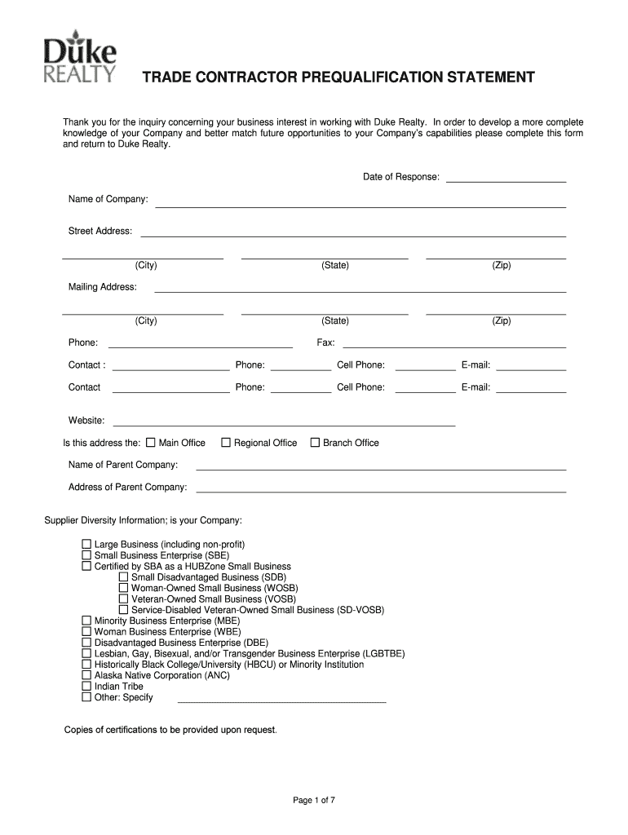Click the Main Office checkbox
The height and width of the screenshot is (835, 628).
150,443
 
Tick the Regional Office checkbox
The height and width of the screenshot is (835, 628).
226,443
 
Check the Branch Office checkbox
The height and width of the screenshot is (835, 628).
315,443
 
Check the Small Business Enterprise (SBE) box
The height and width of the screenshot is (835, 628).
86,554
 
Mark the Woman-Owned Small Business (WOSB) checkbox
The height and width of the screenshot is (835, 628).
124,588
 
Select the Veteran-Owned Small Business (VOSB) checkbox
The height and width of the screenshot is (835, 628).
124,599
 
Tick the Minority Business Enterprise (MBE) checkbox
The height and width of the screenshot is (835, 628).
86,621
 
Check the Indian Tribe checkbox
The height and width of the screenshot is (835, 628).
86,687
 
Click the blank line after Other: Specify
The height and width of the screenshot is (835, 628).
281,700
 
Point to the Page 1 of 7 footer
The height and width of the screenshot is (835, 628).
314,800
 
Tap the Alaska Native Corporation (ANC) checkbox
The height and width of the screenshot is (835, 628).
86,675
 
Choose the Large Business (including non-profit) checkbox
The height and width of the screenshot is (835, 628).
86,544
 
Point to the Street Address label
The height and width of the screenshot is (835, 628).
100,232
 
